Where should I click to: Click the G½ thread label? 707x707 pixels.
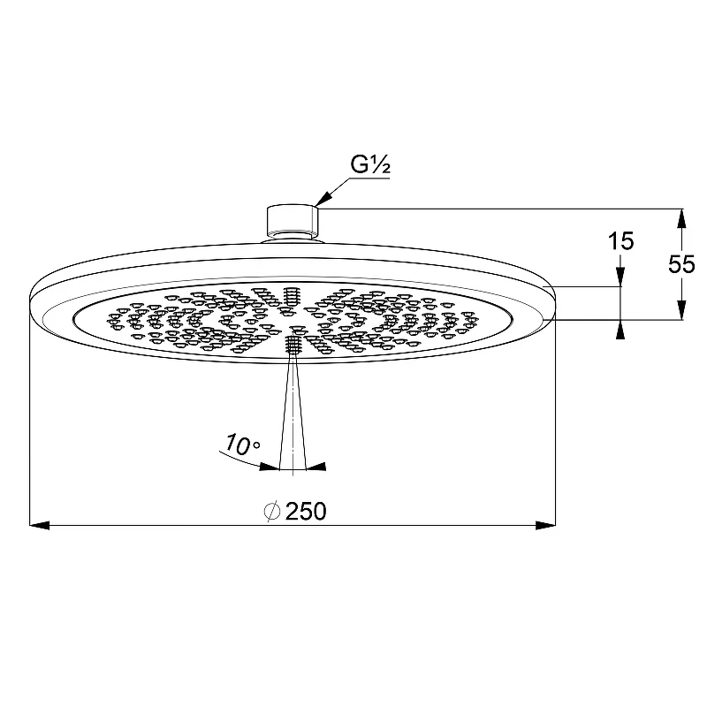click(x=370, y=164)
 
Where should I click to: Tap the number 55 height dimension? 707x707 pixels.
click(x=681, y=264)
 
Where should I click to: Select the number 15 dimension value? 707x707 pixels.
click(x=621, y=241)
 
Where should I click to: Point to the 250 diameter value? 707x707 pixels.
click(x=306, y=512)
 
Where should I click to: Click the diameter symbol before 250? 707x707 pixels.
click(x=272, y=512)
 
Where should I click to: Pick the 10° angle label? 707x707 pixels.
click(x=242, y=445)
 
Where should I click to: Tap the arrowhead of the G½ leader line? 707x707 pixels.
click(x=323, y=199)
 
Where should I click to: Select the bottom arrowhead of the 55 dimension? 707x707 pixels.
click(x=682, y=310)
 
